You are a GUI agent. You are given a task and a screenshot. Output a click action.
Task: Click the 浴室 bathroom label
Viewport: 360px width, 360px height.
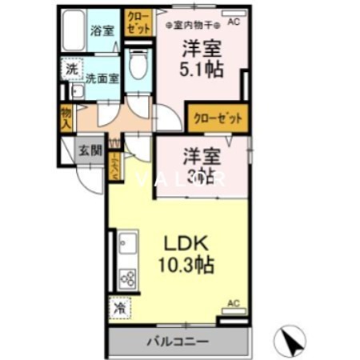102,30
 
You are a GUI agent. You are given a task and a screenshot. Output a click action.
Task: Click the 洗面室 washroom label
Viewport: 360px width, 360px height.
102,78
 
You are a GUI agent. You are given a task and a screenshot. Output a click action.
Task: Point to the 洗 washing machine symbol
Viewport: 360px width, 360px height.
72,70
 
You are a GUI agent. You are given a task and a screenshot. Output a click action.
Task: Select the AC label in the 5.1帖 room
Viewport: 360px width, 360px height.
234,22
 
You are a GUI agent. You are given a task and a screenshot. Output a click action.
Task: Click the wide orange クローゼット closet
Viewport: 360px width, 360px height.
217,116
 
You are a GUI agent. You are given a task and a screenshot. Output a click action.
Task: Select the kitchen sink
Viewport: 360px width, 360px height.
127,242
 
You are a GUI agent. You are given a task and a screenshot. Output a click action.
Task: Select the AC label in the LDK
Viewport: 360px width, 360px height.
233,303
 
